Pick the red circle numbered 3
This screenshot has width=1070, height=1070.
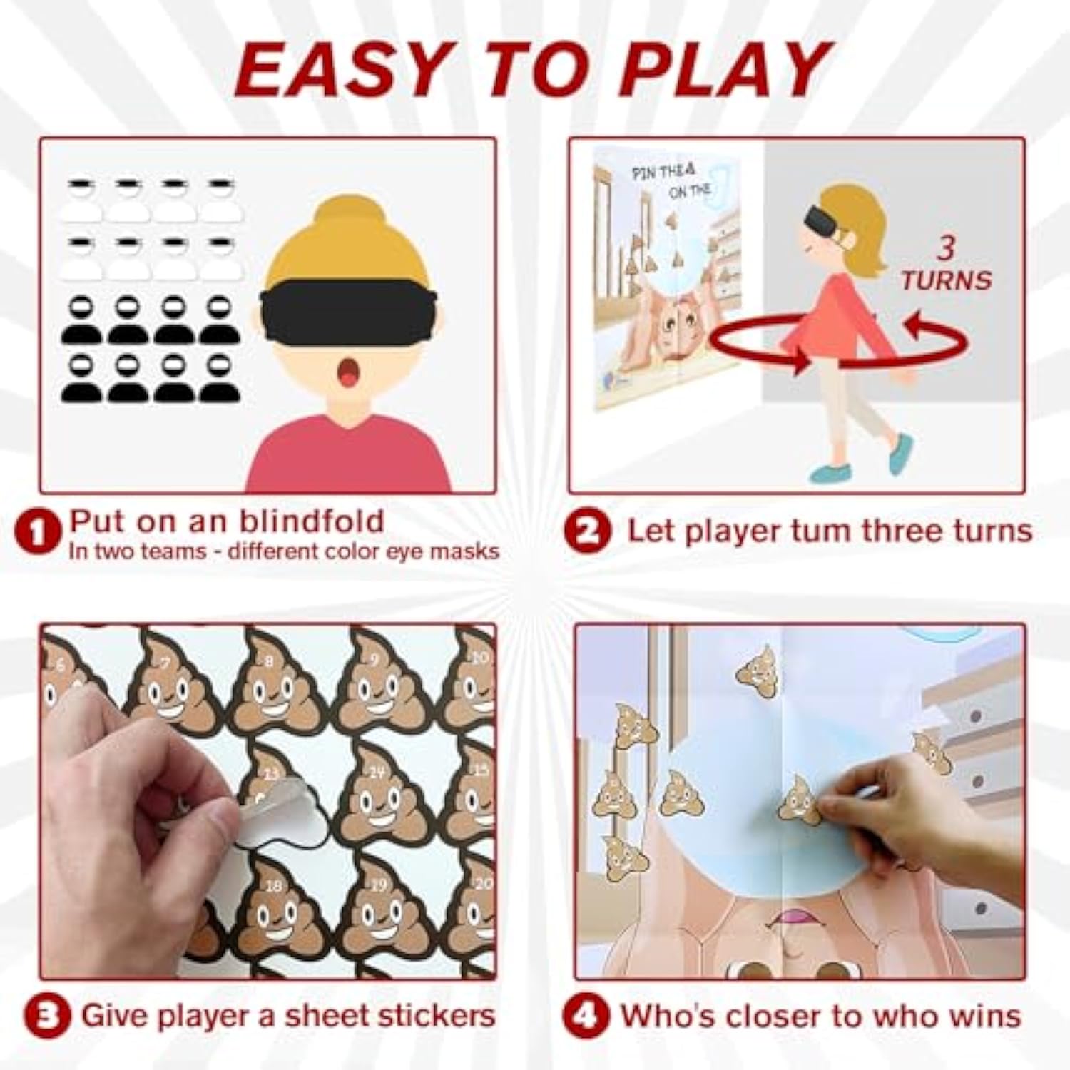tap(46, 1017)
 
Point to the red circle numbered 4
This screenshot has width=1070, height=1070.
tap(586, 1017)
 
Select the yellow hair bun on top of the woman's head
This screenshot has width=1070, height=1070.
tap(347, 214)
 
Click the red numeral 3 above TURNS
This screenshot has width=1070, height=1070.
tap(946, 248)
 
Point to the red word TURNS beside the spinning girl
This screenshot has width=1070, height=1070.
tap(946, 280)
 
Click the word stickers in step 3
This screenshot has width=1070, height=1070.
tap(425, 1016)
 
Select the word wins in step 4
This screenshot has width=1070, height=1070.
tap(987, 1016)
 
